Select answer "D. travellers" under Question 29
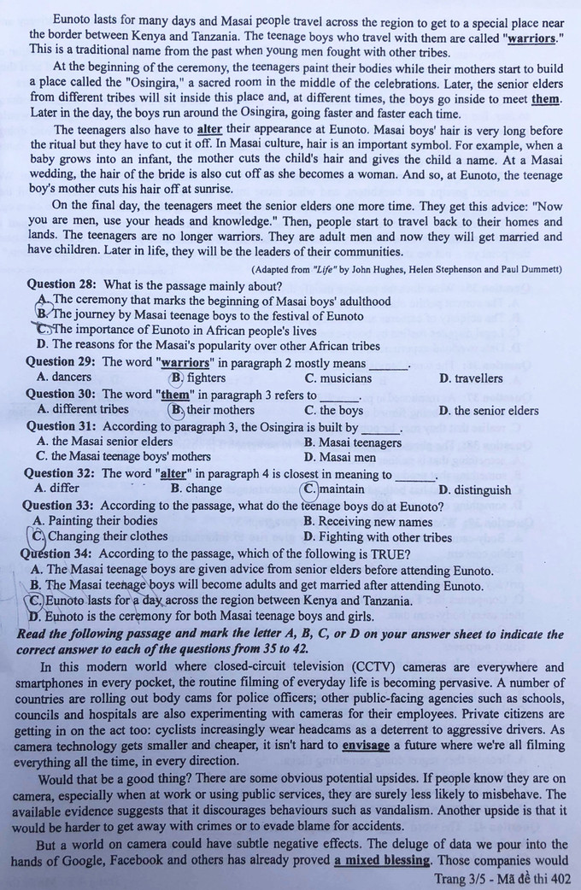point(471,378)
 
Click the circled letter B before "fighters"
point(177,378)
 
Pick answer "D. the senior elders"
point(489,411)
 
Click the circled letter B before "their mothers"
point(177,410)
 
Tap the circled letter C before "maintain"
point(311,489)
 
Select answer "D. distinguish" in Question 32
point(474,490)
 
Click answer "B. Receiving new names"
point(368,521)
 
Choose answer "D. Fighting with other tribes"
point(378,537)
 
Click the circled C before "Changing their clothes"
point(38,536)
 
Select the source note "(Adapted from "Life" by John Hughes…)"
point(406,270)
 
